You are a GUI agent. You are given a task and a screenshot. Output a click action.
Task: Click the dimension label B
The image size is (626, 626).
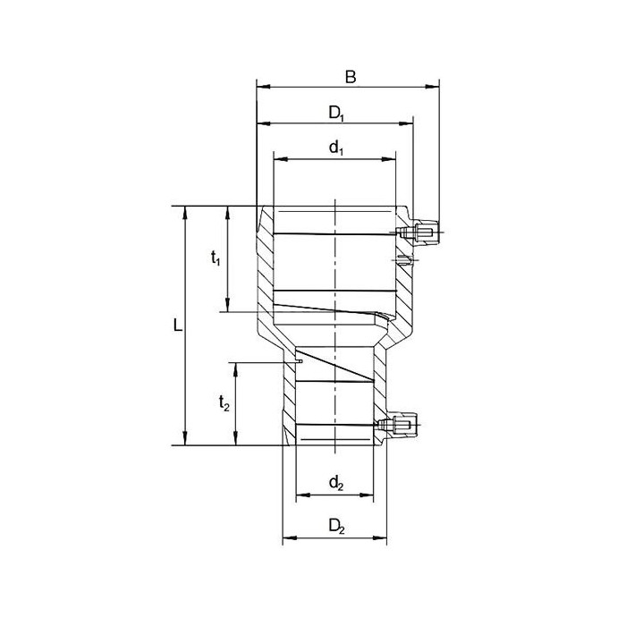(x=351, y=77)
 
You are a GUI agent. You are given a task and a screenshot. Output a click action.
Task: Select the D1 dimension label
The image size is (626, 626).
(x=336, y=114)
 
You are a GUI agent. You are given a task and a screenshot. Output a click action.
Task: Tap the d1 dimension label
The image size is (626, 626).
(x=336, y=148)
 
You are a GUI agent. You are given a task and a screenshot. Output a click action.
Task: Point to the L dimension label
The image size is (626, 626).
(x=178, y=326)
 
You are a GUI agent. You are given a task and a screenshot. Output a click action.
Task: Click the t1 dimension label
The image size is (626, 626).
(x=216, y=258)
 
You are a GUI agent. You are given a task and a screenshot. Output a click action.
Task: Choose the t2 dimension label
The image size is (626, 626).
(x=224, y=403)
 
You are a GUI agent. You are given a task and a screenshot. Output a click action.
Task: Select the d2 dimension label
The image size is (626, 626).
(x=336, y=484)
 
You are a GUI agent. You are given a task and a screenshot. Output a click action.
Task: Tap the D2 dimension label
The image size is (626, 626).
(x=336, y=527)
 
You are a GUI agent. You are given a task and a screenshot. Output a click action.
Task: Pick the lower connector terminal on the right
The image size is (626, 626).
(x=397, y=425)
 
